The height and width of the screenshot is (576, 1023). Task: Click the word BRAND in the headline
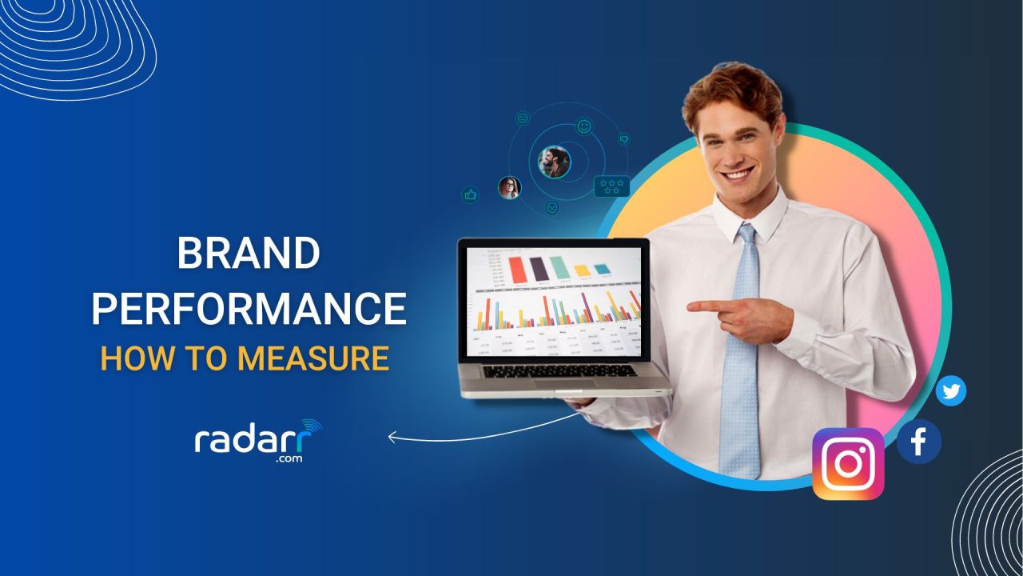click(249, 254)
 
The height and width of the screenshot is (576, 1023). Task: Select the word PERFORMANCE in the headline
click(249, 308)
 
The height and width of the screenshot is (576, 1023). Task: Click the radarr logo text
click(255, 441)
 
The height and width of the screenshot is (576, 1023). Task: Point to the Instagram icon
click(848, 464)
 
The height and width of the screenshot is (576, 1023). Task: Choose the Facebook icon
click(918, 442)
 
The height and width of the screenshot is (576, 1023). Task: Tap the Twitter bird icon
click(951, 391)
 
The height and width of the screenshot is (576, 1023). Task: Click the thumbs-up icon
click(471, 194)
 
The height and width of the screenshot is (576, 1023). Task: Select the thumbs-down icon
click(625, 139)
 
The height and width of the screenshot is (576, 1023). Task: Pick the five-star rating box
click(612, 186)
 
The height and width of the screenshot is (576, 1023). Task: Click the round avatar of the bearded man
click(554, 162)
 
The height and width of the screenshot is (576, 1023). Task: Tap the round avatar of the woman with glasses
click(508, 188)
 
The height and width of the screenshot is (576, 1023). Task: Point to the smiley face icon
click(585, 126)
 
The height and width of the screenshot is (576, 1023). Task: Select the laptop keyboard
click(559, 370)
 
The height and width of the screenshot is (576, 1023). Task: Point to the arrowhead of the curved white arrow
click(392, 437)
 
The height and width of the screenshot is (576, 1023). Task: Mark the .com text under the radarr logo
click(290, 459)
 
